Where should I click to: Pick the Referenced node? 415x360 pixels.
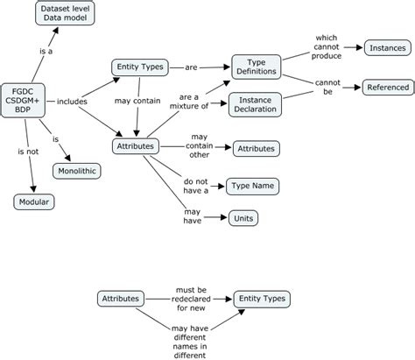point(386,87)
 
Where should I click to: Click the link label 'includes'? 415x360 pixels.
point(72,102)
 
